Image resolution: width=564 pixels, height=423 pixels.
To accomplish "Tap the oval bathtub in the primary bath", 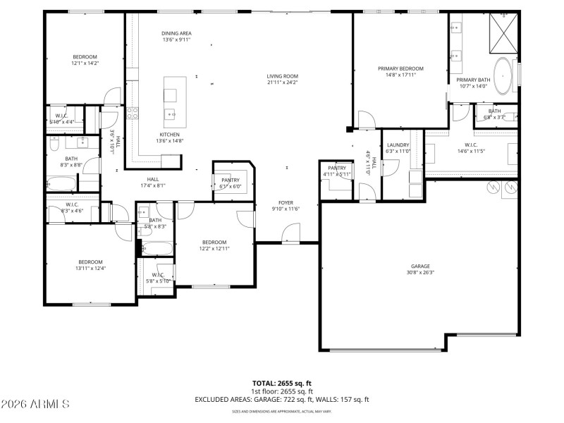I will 503,76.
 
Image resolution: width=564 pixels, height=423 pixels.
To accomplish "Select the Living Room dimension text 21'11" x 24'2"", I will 282,82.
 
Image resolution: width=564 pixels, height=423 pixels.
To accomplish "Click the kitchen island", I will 171,99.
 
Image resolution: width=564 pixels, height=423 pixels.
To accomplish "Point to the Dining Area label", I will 176,33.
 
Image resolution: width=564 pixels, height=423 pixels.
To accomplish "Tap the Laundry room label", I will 398,145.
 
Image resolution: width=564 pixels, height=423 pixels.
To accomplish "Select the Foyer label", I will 286,202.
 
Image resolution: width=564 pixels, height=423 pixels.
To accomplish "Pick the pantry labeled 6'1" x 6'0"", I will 231,180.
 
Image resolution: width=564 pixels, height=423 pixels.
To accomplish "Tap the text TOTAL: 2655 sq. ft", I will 282,384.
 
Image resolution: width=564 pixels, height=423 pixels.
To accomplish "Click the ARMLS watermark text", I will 35,404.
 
